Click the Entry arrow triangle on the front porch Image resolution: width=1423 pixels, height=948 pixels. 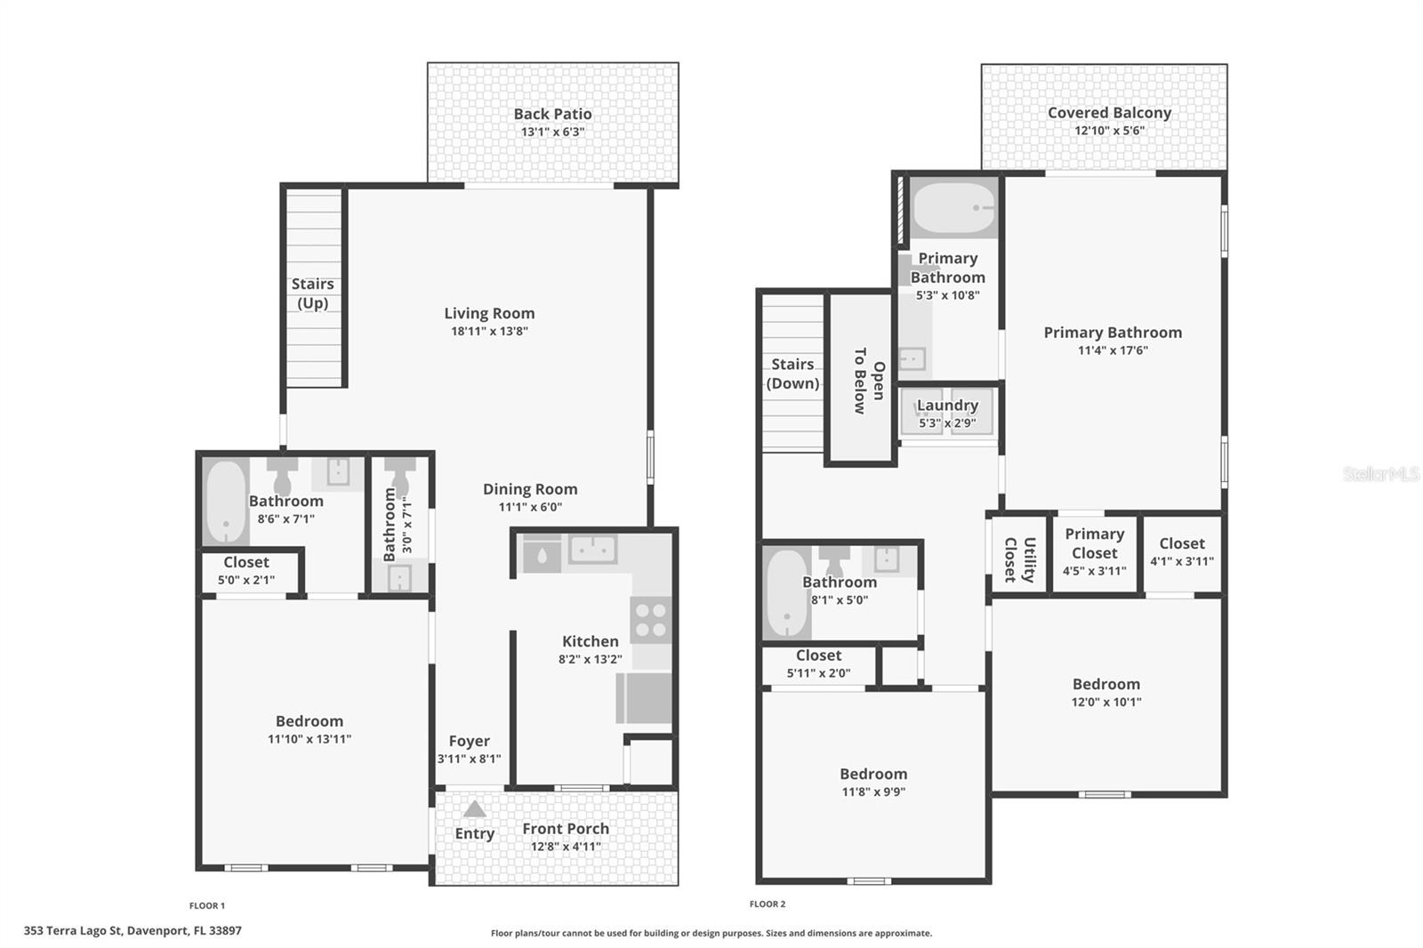click(x=475, y=809)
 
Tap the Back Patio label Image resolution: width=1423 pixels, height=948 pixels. click(x=552, y=114)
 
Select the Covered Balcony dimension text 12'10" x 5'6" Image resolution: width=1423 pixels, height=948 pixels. click(x=1109, y=131)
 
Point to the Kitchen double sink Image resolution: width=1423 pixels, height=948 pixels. click(x=592, y=550)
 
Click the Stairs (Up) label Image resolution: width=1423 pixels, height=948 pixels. click(x=313, y=293)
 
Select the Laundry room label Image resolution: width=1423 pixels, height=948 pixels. click(x=947, y=406)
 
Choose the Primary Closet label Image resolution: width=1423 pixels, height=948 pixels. click(x=1095, y=542)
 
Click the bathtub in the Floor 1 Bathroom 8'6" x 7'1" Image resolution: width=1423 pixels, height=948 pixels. click(x=226, y=502)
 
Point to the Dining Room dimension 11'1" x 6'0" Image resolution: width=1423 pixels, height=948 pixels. click(x=530, y=508)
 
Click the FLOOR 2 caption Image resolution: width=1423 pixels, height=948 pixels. click(x=768, y=904)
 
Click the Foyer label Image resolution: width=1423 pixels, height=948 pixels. click(x=469, y=741)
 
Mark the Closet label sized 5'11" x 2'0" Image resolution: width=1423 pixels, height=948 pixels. click(x=818, y=655)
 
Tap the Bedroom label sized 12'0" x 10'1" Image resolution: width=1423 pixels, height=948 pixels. click(x=1105, y=684)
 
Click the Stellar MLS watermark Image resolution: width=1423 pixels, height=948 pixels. click(x=1380, y=474)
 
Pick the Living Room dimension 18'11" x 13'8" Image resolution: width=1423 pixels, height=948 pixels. click(x=489, y=332)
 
